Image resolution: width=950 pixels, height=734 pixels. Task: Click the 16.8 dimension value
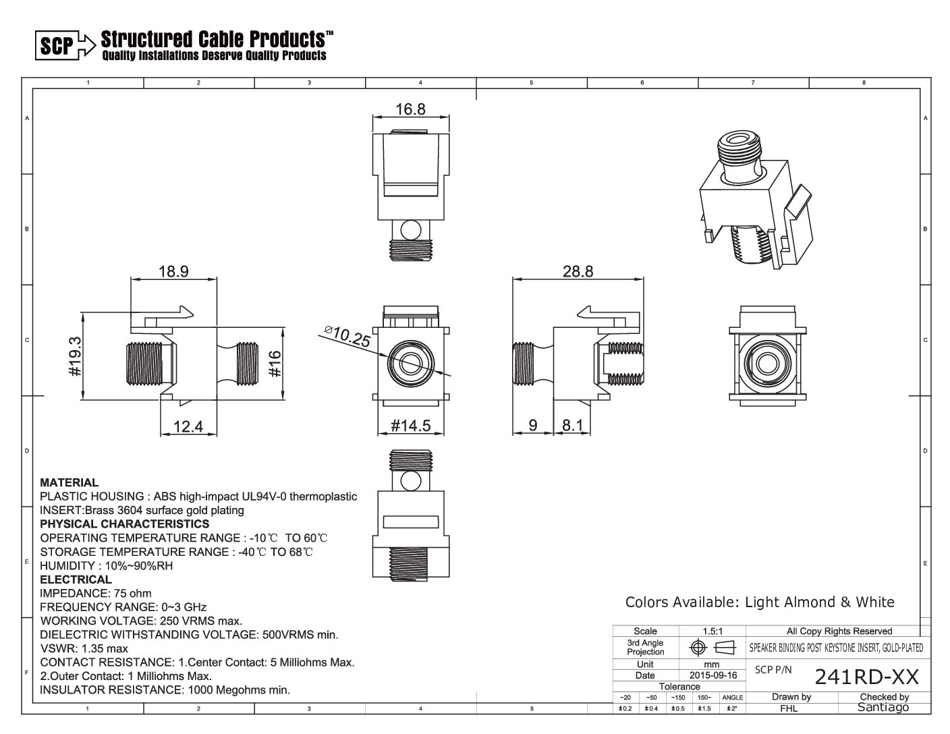[410, 109]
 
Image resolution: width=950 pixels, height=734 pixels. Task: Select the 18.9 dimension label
[173, 271]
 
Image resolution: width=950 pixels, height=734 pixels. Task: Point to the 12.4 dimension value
[188, 426]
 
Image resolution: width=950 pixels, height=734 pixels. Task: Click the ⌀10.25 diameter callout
[347, 336]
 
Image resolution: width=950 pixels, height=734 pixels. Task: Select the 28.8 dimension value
[578, 271]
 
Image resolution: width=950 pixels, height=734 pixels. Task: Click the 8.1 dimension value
[572, 426]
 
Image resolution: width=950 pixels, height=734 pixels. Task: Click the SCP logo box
[56, 45]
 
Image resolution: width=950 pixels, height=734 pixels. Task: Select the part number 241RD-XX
[866, 676]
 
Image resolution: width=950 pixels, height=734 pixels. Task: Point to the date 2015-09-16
[713, 675]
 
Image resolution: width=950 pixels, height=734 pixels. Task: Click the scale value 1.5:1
[712, 631]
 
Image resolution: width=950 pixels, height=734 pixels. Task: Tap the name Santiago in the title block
[883, 707]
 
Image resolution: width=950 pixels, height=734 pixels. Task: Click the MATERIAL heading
[69, 482]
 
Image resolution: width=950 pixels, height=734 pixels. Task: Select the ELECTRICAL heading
[76, 580]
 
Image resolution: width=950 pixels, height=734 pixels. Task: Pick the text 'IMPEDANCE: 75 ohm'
[96, 594]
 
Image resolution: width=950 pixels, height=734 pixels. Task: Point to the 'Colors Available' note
[759, 602]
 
